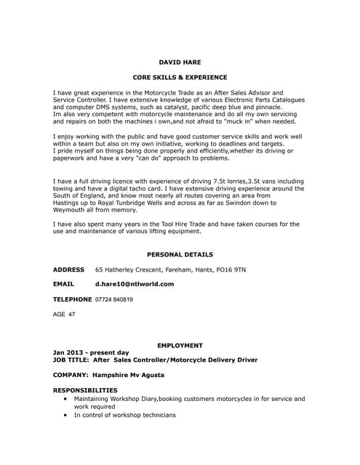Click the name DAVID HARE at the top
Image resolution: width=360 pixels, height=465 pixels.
click(180, 62)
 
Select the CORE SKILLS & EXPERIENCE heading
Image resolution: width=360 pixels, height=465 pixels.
click(180, 77)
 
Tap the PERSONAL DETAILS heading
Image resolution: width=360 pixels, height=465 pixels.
click(180, 255)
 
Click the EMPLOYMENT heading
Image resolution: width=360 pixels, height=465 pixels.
click(180, 345)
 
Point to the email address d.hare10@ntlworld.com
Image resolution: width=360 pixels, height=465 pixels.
click(135, 284)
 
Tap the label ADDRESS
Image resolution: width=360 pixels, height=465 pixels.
click(69, 270)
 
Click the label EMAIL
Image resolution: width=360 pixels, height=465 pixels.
click(64, 284)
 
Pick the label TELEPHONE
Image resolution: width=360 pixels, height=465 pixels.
click(73, 299)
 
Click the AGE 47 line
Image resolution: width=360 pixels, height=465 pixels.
click(64, 315)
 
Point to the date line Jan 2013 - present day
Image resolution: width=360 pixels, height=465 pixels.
click(91, 352)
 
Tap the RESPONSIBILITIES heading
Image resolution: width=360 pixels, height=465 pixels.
click(85, 390)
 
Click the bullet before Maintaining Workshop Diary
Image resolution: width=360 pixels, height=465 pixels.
click(66, 399)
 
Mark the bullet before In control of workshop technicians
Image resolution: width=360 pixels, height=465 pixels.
click(66, 415)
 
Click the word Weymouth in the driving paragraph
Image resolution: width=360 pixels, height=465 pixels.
click(71, 209)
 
